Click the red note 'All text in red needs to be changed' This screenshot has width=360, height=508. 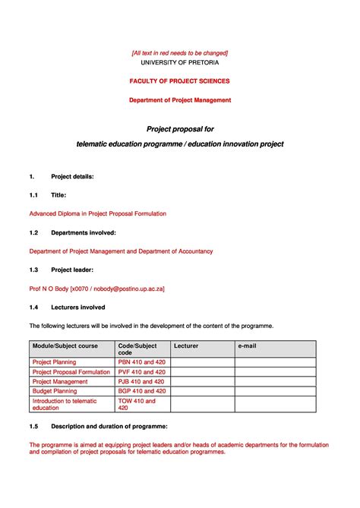(180, 52)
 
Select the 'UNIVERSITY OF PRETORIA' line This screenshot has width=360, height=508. (180, 62)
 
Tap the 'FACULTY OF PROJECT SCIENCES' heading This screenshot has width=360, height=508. (180, 80)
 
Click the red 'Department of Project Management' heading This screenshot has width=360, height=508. (180, 99)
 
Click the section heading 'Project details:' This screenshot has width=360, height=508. (72, 176)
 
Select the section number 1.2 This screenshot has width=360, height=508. (33, 232)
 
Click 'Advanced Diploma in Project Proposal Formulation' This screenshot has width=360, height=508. (97, 213)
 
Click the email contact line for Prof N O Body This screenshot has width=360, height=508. (96, 289)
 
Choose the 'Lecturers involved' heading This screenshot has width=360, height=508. (77, 308)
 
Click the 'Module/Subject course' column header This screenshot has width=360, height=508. (65, 346)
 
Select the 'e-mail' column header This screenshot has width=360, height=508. (248, 346)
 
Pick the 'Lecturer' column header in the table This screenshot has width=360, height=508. (186, 346)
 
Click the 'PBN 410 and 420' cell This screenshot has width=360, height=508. (141, 362)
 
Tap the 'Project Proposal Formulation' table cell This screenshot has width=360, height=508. (71, 372)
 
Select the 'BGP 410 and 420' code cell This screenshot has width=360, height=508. (141, 391)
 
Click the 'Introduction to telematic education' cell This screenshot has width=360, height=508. (65, 404)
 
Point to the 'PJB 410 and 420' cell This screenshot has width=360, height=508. (141, 382)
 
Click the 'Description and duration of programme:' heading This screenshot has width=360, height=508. (109, 426)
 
